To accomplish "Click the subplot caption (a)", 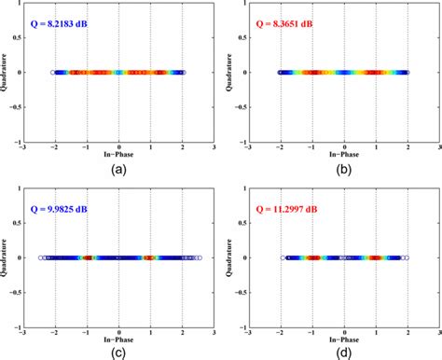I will [x=117, y=171].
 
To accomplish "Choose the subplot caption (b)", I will [x=344, y=171].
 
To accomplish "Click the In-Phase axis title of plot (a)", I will [x=118, y=157].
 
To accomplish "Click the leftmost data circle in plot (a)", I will [x=52, y=72].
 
